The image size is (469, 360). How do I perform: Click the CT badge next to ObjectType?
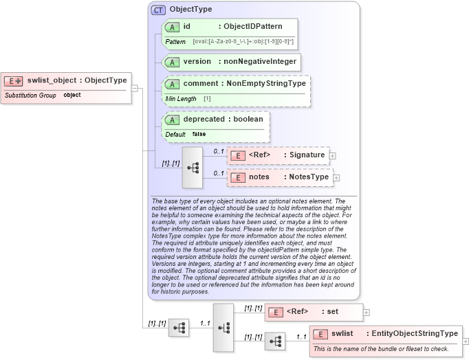pos(158,10)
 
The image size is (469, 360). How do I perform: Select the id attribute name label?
pos(186,26)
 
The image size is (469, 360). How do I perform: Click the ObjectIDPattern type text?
pos(253,26)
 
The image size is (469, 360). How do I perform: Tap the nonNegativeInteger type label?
pos(258,61)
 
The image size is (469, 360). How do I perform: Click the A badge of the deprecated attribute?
pos(172,119)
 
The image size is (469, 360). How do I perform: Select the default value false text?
pos(199,134)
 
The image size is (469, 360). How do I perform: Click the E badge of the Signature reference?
pos(237,155)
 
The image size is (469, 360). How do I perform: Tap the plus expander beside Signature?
pos(333,155)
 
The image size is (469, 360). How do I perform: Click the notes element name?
pos(259,177)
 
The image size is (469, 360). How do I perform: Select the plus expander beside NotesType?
pos(336,177)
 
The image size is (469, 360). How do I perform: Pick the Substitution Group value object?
pos(72,95)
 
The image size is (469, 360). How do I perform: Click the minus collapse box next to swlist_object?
pos(135,88)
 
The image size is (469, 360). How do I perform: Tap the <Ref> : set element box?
pos(314,311)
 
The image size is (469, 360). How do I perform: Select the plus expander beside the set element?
pos(366,312)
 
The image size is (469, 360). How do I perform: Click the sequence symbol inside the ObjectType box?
pos(192,167)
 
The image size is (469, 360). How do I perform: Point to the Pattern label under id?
pos(175,42)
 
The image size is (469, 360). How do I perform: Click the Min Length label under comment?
pos(181,99)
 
